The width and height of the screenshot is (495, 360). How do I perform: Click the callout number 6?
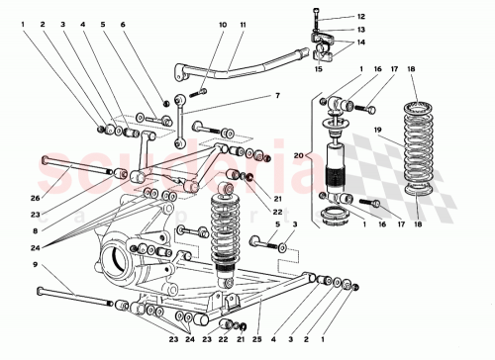(124, 24)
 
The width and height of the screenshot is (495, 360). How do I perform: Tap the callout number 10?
(222, 24)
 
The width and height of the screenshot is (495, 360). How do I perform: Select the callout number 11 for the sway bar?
(244, 24)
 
